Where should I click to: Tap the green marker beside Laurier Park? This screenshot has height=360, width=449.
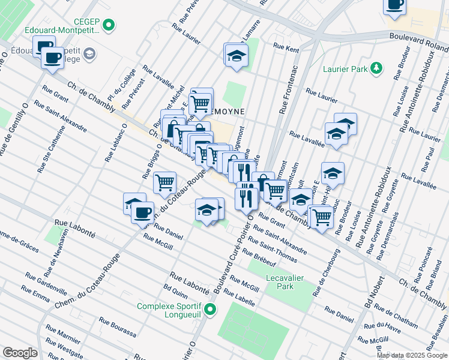[376, 68]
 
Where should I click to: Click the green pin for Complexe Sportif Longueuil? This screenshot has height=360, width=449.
[209, 310]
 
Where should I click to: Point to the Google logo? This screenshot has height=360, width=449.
[20, 353]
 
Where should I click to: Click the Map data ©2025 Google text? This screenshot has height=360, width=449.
[412, 355]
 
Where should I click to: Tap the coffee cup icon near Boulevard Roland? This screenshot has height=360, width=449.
[395, 5]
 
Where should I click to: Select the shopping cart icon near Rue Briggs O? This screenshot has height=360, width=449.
[164, 182]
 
